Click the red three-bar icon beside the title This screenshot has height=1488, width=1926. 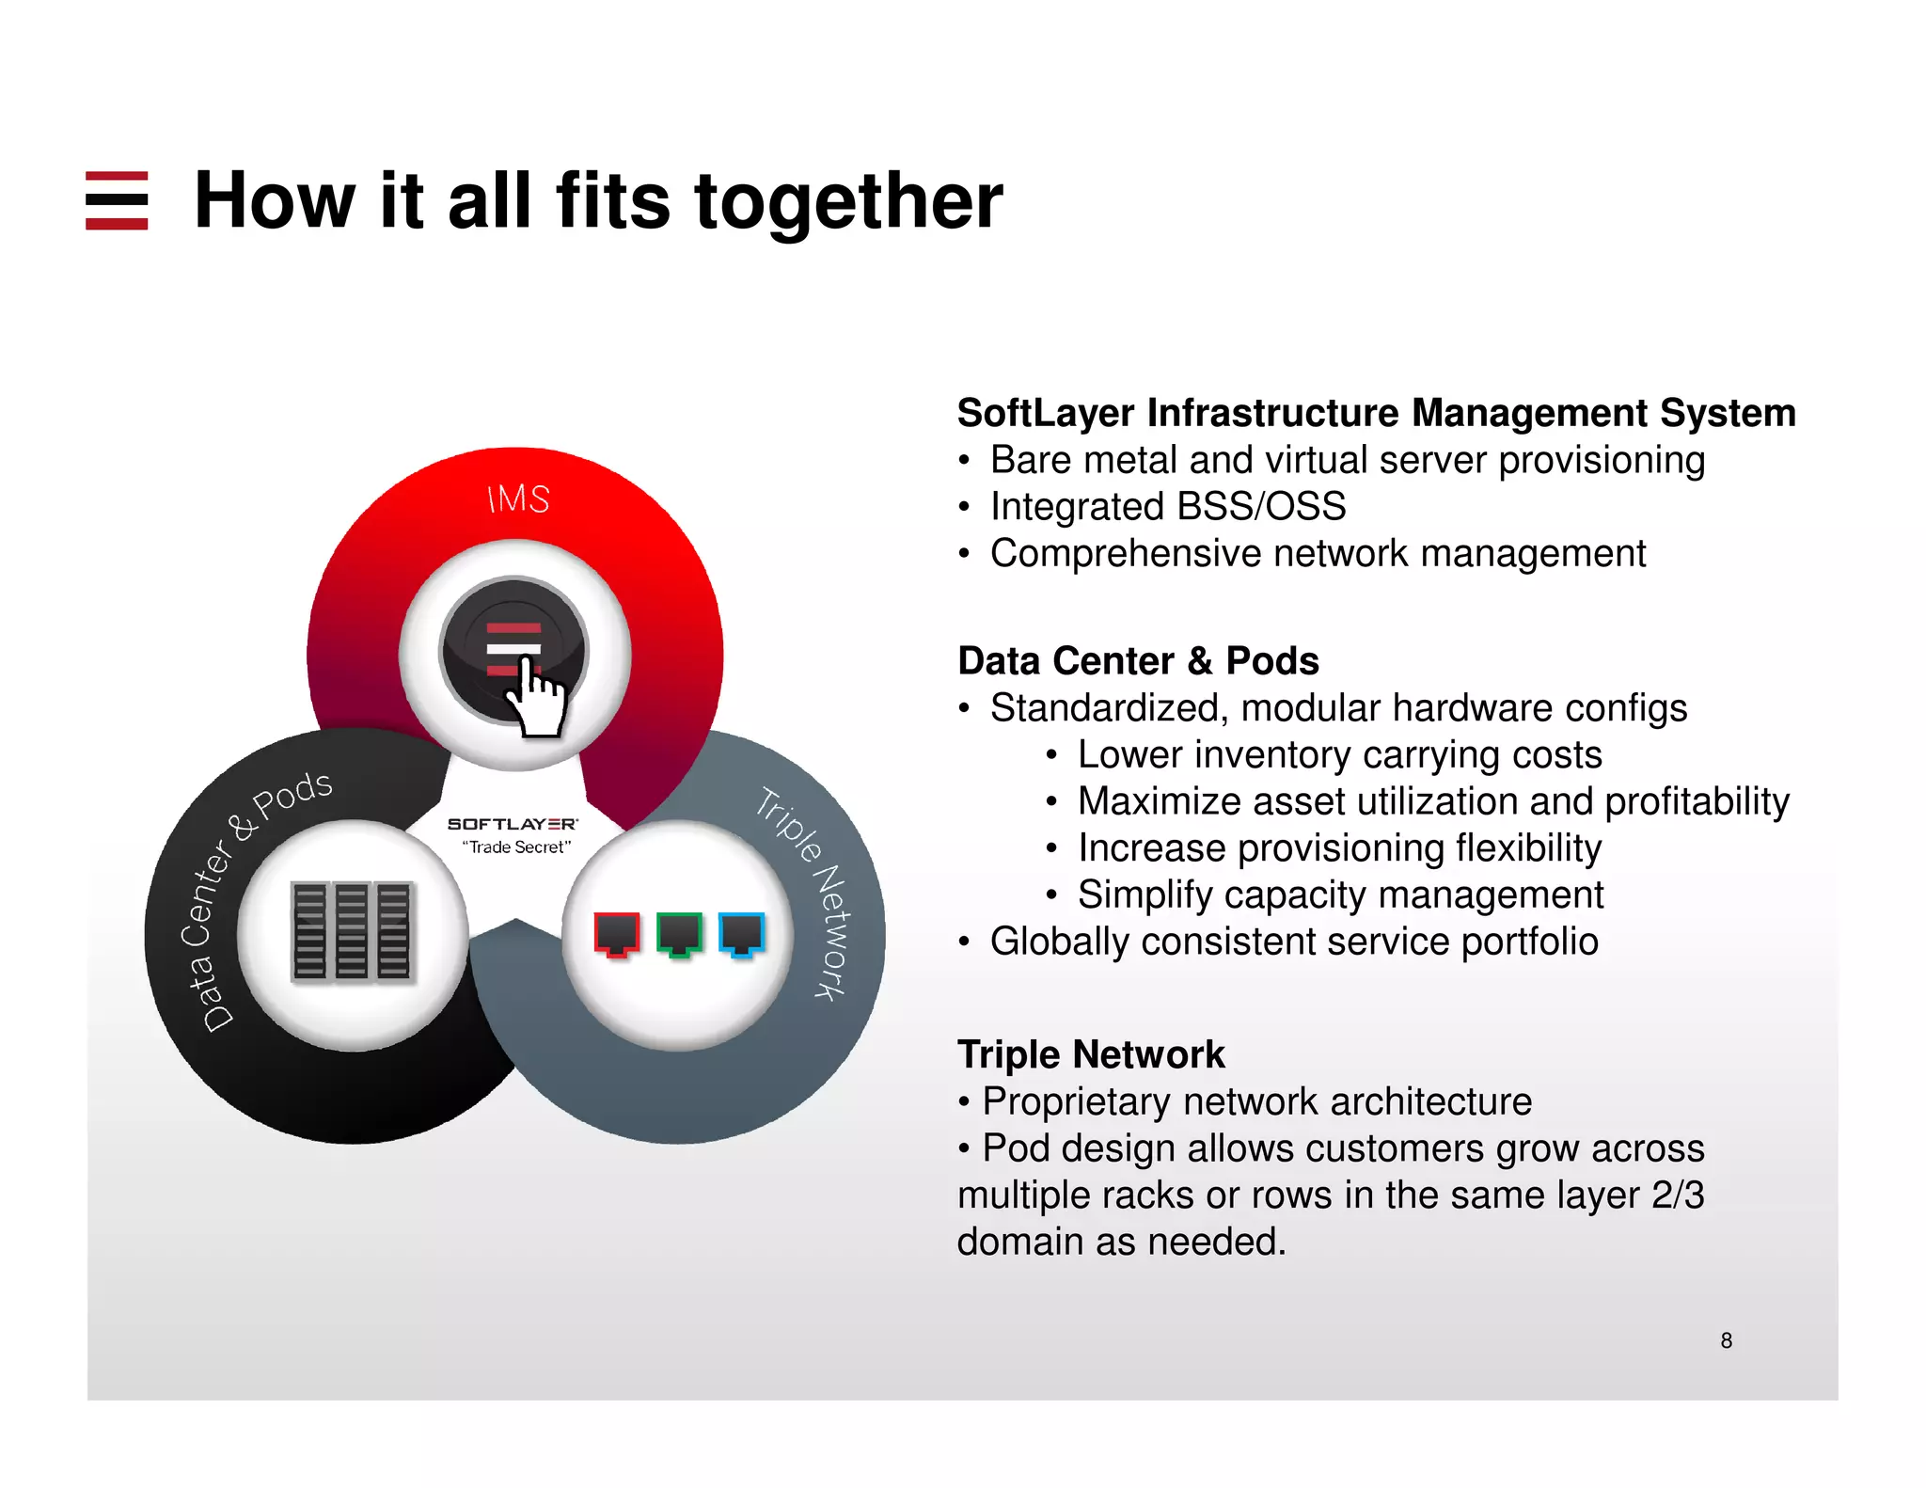click(x=117, y=200)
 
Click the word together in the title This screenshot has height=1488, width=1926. click(x=848, y=202)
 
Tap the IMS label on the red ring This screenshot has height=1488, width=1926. click(x=518, y=499)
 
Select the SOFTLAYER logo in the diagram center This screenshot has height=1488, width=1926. click(x=513, y=824)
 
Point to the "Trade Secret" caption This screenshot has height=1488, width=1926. click(x=516, y=847)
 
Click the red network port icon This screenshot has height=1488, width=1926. click(x=617, y=934)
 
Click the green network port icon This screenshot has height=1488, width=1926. click(x=679, y=934)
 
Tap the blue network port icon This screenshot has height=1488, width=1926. click(x=741, y=934)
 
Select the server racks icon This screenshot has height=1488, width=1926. click(x=352, y=931)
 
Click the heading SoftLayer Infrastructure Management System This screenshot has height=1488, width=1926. click(x=1376, y=414)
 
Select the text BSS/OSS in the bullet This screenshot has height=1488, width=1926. click(x=1261, y=507)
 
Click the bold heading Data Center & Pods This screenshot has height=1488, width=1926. click(x=1138, y=661)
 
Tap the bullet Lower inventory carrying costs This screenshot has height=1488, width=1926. click(x=1339, y=755)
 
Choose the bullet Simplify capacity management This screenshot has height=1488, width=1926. click(x=1340, y=894)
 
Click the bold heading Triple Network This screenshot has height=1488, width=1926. click(x=1091, y=1054)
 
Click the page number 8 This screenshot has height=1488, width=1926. click(x=1726, y=1340)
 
